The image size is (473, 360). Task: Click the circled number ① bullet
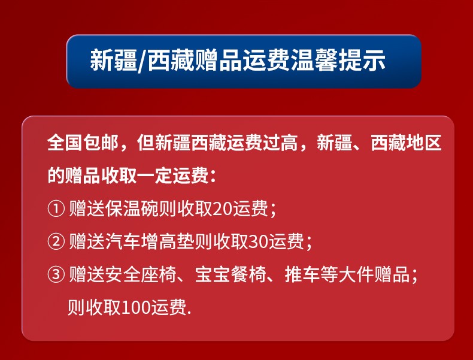pyautogui.click(x=56, y=209)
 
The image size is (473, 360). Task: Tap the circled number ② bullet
pyautogui.click(x=56, y=242)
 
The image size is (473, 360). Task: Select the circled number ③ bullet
pyautogui.click(x=56, y=275)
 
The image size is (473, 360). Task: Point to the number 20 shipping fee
pyautogui.click(x=222, y=209)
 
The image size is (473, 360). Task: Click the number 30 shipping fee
pyautogui.click(x=258, y=242)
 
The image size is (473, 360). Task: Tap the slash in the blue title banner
pyautogui.click(x=142, y=60)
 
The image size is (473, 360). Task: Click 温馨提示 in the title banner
pyautogui.click(x=338, y=60)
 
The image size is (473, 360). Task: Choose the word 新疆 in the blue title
pyautogui.click(x=113, y=60)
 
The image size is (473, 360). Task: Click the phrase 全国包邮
pyautogui.click(x=83, y=143)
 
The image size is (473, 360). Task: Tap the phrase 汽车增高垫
pyautogui.click(x=150, y=242)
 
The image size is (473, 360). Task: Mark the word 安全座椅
pyautogui.click(x=141, y=275)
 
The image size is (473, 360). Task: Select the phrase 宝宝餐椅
pyautogui.click(x=231, y=275)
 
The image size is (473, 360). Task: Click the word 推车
pyautogui.click(x=302, y=275)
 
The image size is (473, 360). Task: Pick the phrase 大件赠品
pyautogui.click(x=374, y=275)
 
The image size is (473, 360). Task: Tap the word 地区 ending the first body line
pyautogui.click(x=424, y=143)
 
